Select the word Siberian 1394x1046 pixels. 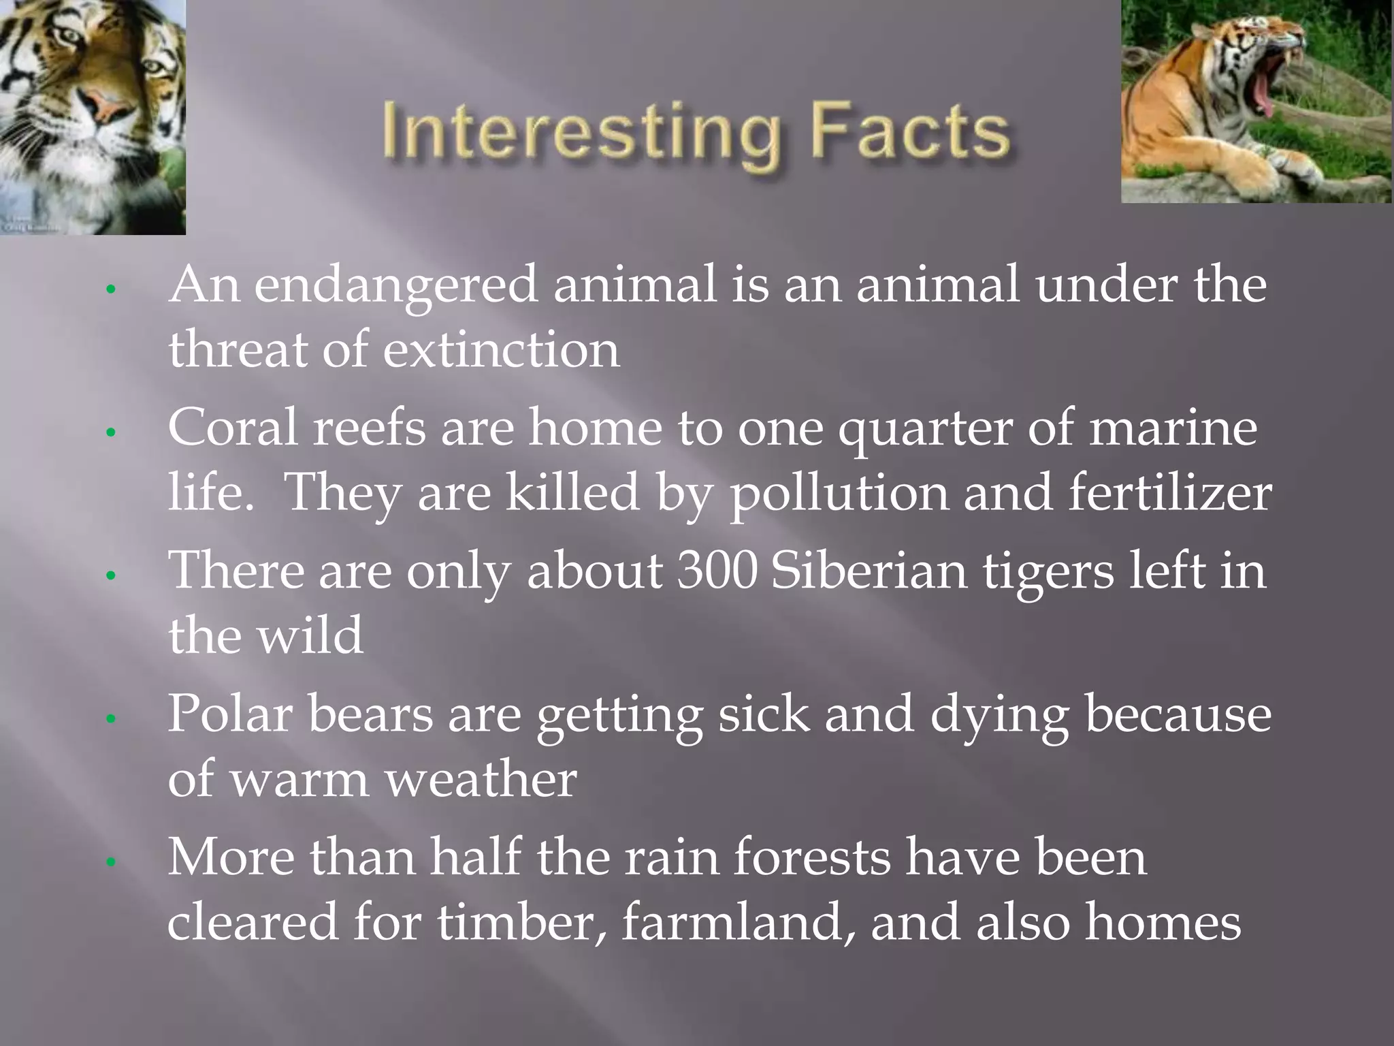coord(869,571)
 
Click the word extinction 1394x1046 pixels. coord(501,350)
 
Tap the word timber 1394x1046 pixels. coord(521,922)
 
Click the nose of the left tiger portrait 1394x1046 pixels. coord(106,102)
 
